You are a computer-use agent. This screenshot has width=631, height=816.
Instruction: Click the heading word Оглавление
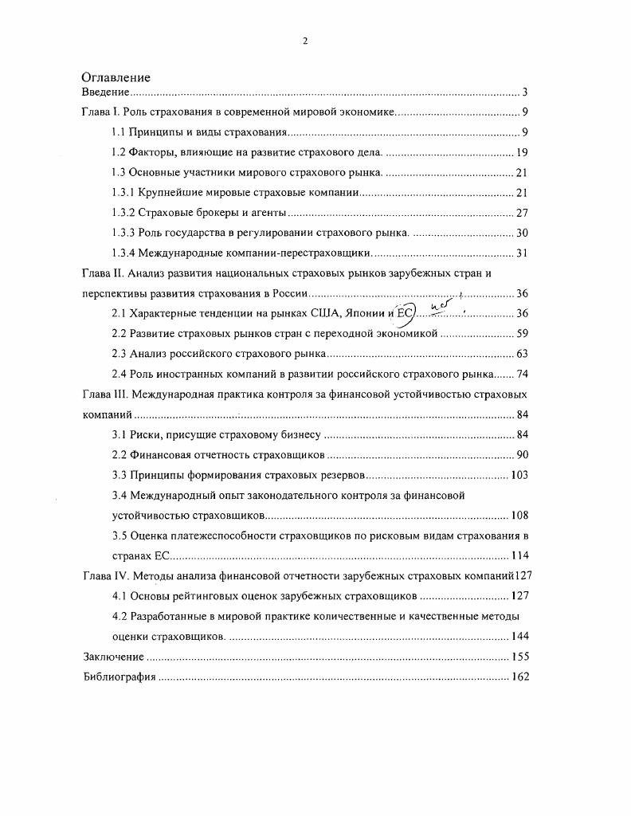pyautogui.click(x=116, y=77)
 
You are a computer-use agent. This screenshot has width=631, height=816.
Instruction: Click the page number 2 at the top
pyautogui.click(x=305, y=41)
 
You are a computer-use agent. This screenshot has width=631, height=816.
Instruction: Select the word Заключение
pyautogui.click(x=113, y=657)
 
